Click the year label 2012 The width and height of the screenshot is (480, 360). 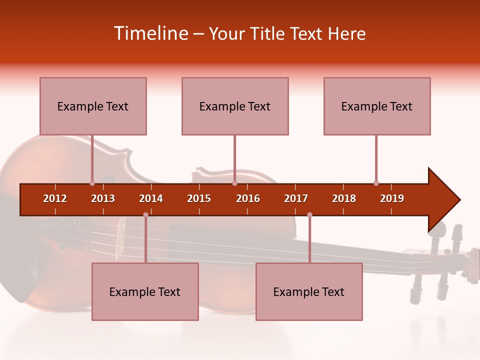pos(55,198)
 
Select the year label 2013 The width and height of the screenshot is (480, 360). pos(103,198)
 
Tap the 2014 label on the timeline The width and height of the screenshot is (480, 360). pos(151,198)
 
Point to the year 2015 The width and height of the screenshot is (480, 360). pos(199,198)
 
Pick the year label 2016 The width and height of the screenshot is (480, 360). pos(248,198)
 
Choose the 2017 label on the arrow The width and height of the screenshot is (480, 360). pos(296,198)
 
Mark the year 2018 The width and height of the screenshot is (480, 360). pos(344,198)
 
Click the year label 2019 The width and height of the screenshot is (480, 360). pos(392,198)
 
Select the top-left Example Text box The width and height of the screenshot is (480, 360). pos(93,106)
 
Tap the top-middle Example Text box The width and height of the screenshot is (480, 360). pos(235,106)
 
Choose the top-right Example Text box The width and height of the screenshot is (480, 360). pos(377,106)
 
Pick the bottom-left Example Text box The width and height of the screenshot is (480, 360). pos(145,292)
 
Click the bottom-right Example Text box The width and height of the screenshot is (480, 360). pos(309,292)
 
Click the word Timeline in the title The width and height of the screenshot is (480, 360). pos(150,33)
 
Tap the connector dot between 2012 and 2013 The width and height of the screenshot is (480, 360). pos(92,183)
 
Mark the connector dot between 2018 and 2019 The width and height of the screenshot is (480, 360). pos(376,183)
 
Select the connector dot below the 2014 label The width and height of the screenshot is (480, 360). pos(145,215)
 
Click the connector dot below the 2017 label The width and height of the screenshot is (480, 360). pos(309,215)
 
